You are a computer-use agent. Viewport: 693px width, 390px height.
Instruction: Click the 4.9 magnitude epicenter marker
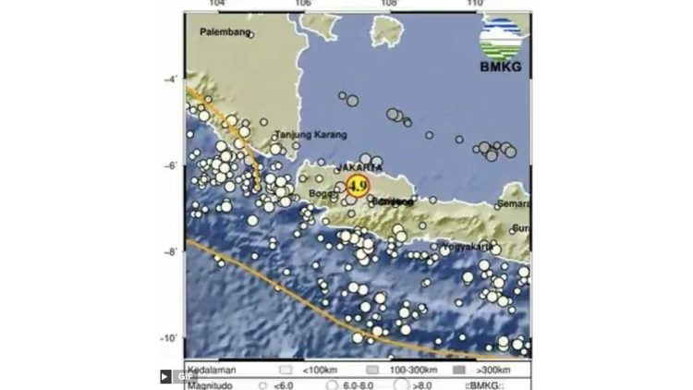coord(358,186)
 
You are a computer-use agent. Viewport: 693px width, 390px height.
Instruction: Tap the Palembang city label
coord(225,32)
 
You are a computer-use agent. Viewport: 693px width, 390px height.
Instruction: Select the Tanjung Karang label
coord(302,134)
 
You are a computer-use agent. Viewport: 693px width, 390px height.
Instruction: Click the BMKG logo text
coord(500,66)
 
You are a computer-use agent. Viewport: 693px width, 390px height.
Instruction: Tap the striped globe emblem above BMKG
coord(500,38)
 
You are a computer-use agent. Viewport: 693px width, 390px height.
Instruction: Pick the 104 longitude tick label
coord(219,5)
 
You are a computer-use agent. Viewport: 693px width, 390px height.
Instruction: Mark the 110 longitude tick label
coord(475,5)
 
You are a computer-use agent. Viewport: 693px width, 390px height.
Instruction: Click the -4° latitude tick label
coord(172,79)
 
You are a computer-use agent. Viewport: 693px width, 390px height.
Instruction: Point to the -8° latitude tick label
coord(172,252)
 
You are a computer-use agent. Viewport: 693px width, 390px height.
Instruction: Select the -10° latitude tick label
coord(170,339)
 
